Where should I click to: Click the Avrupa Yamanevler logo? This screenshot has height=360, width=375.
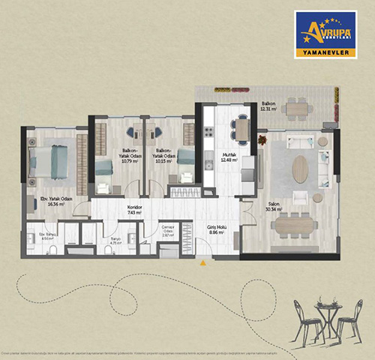tap(325, 34)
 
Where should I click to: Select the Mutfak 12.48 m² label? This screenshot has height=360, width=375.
tap(229, 157)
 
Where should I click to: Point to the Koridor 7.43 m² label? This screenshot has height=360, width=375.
tap(135, 210)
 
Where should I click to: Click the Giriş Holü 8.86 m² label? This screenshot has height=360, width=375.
tap(217, 229)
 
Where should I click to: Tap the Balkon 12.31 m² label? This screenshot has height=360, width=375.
tap(268, 106)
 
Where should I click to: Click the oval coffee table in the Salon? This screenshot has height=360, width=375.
tap(300, 168)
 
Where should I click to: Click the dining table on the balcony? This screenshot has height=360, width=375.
tap(297, 109)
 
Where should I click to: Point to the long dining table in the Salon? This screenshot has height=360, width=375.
tap(295, 223)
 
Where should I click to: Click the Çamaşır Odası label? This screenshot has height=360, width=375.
tap(169, 230)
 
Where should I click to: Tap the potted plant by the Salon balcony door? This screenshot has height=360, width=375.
tap(262, 139)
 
